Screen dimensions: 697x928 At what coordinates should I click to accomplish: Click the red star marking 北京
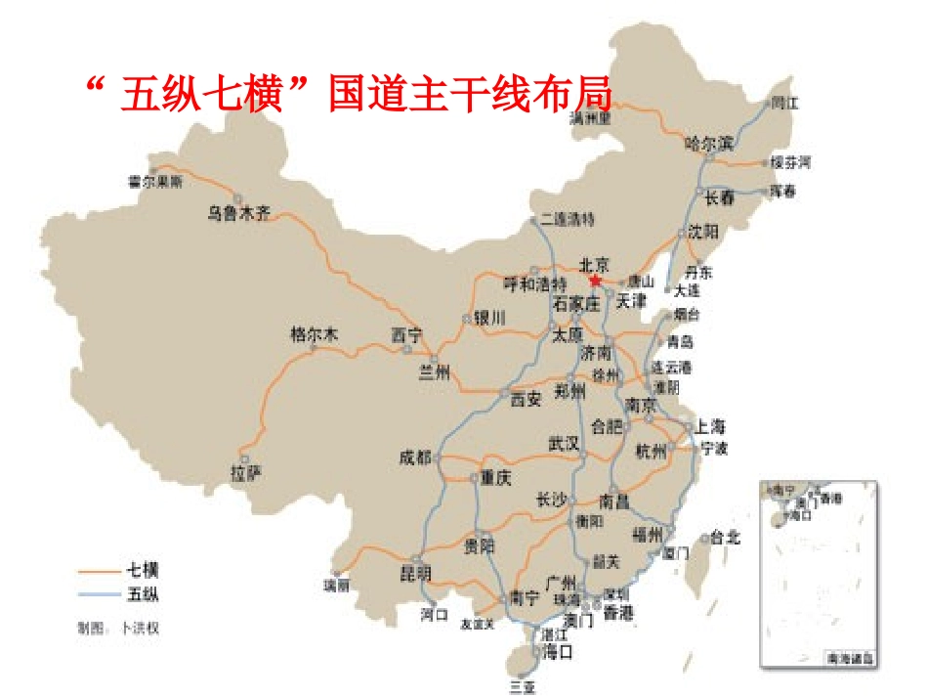point(596,281)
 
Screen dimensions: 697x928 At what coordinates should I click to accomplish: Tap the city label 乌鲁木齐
point(237,213)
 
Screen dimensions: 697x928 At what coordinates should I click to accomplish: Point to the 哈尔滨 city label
point(709,143)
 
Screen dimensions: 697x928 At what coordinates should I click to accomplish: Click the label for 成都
point(415,457)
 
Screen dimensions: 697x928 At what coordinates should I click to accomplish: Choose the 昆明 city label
point(415,572)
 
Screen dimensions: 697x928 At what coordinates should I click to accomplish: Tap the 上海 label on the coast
point(710,426)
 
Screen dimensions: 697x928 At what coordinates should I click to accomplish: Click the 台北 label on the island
point(726,537)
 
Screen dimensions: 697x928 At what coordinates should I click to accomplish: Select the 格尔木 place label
point(314,334)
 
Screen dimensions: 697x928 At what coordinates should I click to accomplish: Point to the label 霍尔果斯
point(155,181)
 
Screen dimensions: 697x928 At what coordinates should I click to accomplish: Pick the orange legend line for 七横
point(98,570)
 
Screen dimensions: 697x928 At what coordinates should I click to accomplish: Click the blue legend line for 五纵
point(98,593)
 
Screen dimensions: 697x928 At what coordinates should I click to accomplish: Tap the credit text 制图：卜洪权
point(118,627)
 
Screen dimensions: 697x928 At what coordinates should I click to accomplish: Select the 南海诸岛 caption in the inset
point(850,659)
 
